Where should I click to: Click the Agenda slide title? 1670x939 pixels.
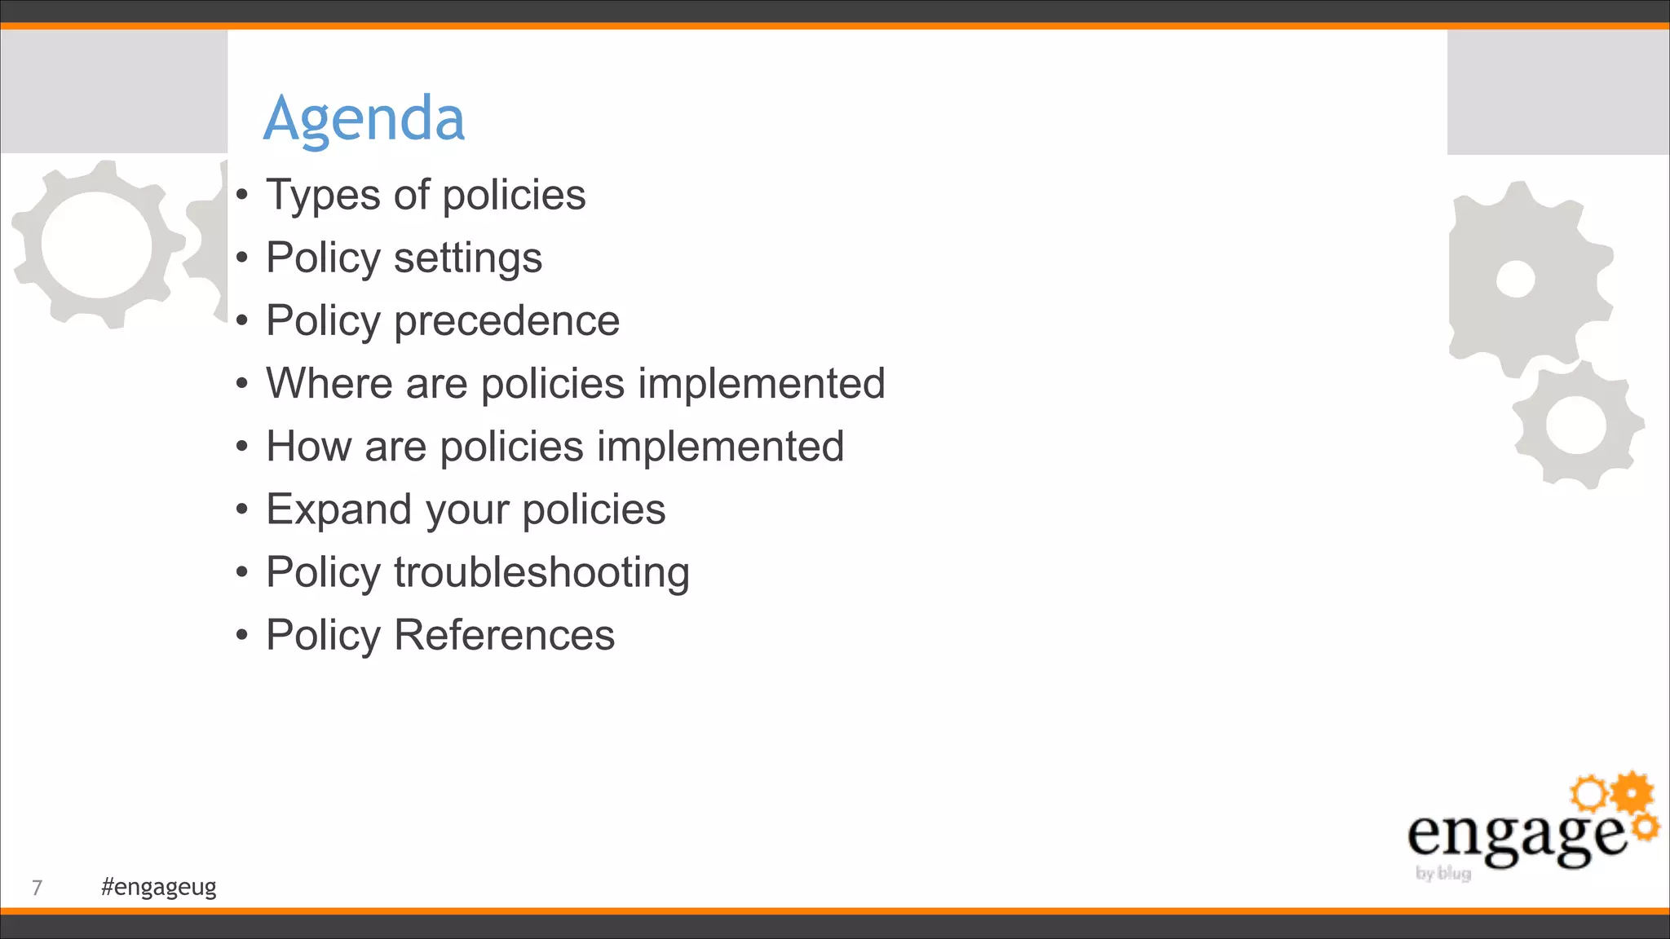click(364, 119)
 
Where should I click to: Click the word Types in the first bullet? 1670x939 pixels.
click(323, 196)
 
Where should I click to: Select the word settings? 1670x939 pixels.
click(467, 259)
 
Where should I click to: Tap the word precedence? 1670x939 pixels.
click(506, 321)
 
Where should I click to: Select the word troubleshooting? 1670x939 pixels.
click(541, 573)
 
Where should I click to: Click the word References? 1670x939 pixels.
click(504, 636)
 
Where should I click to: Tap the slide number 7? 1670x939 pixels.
click(37, 888)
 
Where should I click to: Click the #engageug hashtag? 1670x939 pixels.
click(159, 887)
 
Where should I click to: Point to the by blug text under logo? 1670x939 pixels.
click(1443, 874)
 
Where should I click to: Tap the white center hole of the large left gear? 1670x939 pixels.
click(96, 244)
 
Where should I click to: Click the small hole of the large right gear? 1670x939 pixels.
click(1516, 280)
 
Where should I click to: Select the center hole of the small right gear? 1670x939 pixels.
click(1576, 425)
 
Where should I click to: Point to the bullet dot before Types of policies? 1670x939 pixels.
click(241, 195)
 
